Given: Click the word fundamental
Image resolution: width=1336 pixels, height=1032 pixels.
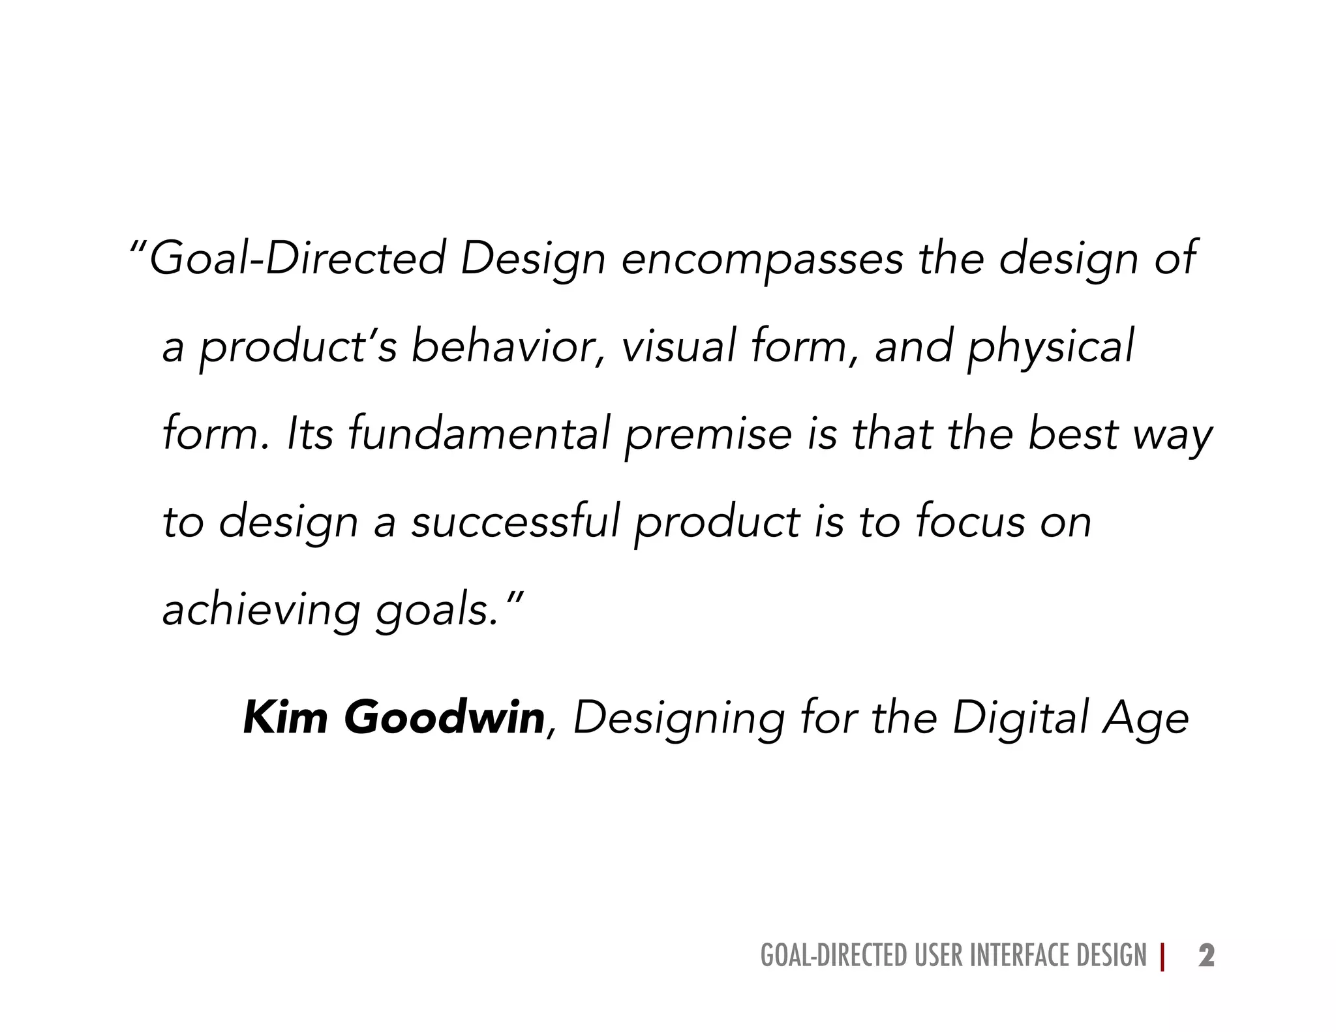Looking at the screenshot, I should tap(479, 434).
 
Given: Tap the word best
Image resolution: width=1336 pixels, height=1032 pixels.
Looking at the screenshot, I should tap(1073, 434).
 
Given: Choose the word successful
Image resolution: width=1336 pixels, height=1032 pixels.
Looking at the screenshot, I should tap(515, 522).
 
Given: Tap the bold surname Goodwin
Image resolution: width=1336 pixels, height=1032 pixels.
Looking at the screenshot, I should tap(444, 718).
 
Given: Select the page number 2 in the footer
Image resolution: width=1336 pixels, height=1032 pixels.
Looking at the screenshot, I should tap(1206, 956).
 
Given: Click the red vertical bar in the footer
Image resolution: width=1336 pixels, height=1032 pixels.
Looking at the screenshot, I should tap(1162, 956).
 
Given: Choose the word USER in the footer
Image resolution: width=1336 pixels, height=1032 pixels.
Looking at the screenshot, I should tap(939, 956).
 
